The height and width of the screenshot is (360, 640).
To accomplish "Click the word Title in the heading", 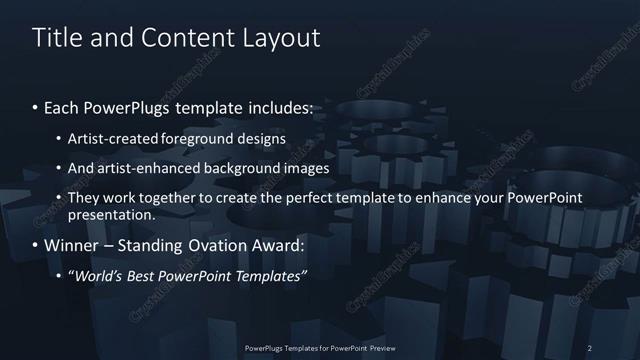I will coord(56,38).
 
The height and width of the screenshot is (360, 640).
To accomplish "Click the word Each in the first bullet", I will coord(63,107).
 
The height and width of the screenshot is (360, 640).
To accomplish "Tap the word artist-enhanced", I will coord(149,168).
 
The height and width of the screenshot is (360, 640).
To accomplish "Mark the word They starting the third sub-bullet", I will coord(84,199).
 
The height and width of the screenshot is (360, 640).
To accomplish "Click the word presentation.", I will coord(111,214).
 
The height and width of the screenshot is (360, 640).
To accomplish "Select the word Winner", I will coord(73,244).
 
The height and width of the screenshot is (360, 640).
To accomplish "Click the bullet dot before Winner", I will coord(36,245).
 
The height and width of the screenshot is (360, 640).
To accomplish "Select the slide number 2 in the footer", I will coord(590,347).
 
